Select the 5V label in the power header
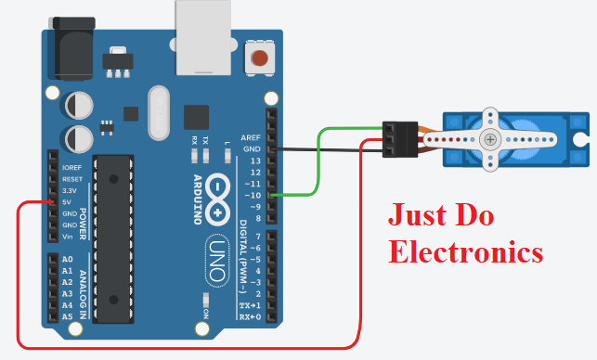coord(66,201)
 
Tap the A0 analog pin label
coord(67,259)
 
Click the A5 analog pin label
coord(67,316)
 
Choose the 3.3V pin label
coord(69,189)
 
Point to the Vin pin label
coord(67,237)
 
